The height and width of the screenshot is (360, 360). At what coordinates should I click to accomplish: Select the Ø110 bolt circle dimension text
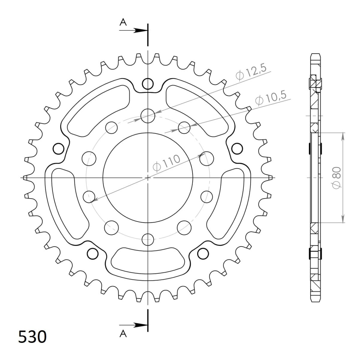point(166,163)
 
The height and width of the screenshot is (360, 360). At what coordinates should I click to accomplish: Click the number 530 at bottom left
point(32,337)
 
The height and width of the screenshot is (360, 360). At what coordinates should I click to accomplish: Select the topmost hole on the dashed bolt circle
point(148,116)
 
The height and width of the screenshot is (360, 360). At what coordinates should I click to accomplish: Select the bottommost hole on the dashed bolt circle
point(148,239)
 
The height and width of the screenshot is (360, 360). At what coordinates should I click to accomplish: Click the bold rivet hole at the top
point(148,84)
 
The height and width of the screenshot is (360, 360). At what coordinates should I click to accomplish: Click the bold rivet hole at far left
point(58,148)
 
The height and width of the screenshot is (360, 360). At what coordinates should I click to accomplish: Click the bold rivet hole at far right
point(237,148)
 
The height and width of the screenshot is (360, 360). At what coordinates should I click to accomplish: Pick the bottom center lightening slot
point(148,259)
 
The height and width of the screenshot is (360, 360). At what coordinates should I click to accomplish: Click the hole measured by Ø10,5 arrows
point(184,127)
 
